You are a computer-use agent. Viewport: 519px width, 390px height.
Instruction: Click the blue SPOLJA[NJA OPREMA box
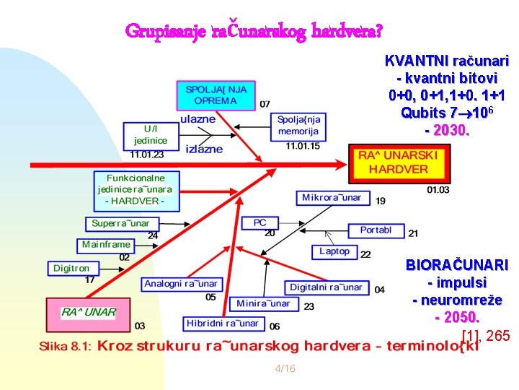[x=216, y=95]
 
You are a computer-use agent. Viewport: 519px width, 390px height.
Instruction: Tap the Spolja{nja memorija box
[x=299, y=126]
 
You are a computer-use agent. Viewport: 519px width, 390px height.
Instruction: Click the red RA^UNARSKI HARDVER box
[x=398, y=163]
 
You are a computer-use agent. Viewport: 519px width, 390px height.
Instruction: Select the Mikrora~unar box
[x=332, y=198]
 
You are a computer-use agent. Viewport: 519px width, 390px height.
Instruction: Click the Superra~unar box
[x=120, y=223]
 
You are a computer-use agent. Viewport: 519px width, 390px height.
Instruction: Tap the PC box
[x=260, y=223]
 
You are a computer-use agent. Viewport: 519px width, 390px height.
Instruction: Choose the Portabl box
[x=376, y=230]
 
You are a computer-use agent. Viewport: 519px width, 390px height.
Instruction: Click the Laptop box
[x=334, y=251]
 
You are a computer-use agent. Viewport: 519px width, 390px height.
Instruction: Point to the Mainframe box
[x=107, y=245]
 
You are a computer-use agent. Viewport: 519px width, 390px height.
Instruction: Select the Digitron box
[x=72, y=268]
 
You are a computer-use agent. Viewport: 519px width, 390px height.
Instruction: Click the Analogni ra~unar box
[x=181, y=284]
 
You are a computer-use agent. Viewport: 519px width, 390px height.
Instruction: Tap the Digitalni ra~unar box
[x=326, y=287]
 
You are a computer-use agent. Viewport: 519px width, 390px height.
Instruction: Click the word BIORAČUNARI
[x=456, y=265]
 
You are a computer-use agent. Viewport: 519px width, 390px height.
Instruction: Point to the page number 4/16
[x=285, y=369]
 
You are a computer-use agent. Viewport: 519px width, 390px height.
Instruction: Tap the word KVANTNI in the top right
[x=413, y=60]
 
